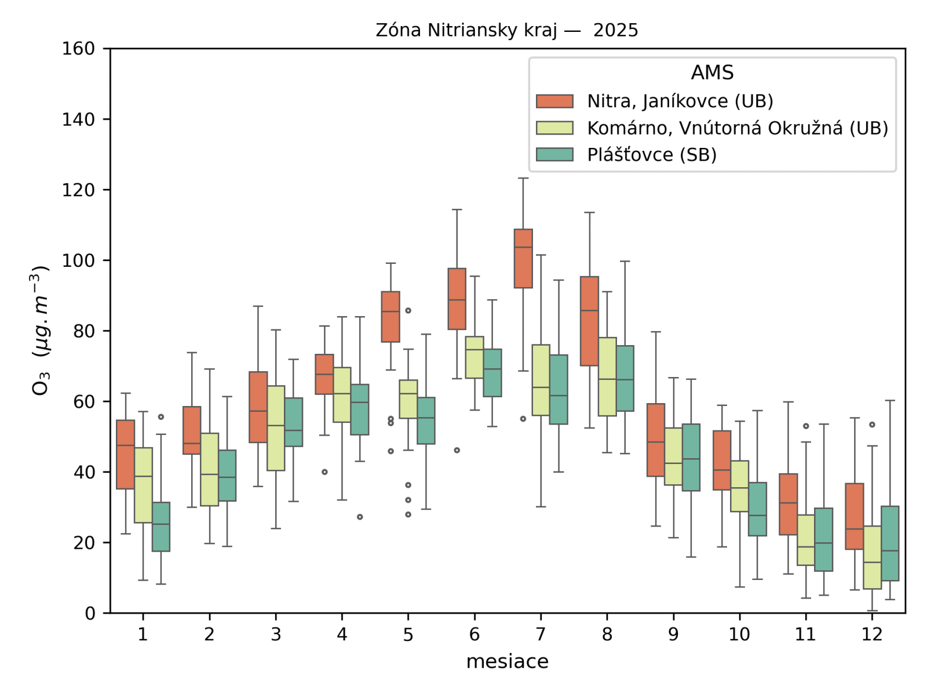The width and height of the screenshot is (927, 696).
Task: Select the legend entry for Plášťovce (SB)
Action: click(x=652, y=155)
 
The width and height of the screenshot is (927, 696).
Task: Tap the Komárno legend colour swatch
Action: click(x=554, y=128)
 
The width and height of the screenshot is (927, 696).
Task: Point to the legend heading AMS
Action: click(x=712, y=73)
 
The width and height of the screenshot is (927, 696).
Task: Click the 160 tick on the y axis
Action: click(x=79, y=49)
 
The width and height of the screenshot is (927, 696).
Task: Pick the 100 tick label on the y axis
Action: click(x=79, y=260)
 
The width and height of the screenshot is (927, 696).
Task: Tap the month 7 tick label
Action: click(x=541, y=635)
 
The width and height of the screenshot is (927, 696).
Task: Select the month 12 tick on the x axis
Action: click(x=871, y=635)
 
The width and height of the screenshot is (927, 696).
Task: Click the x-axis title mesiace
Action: click(x=507, y=662)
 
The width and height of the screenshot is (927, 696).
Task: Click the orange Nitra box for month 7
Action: click(x=523, y=259)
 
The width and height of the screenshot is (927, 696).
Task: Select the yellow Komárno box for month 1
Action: click(x=143, y=485)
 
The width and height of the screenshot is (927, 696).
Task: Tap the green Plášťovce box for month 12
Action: click(x=890, y=543)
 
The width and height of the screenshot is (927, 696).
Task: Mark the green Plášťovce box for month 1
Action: click(x=161, y=527)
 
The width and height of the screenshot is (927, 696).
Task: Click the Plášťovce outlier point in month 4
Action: click(x=360, y=517)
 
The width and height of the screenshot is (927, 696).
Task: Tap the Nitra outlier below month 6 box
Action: click(x=457, y=450)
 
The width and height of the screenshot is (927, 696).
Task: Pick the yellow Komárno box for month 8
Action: click(x=607, y=377)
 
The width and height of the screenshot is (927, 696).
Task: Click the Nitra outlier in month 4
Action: click(x=324, y=472)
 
